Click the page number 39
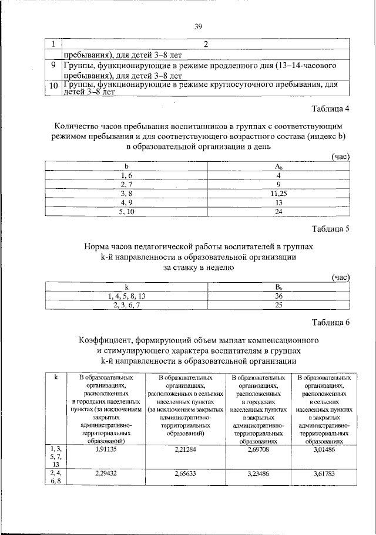click(199, 25)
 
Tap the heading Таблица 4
click(331, 108)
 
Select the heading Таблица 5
click(331, 229)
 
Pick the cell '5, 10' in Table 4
click(126, 212)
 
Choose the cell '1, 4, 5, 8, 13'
click(126, 296)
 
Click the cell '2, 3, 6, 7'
click(126, 305)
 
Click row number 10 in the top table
click(54, 87)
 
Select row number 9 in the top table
click(53, 66)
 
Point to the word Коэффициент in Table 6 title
click(108, 340)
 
